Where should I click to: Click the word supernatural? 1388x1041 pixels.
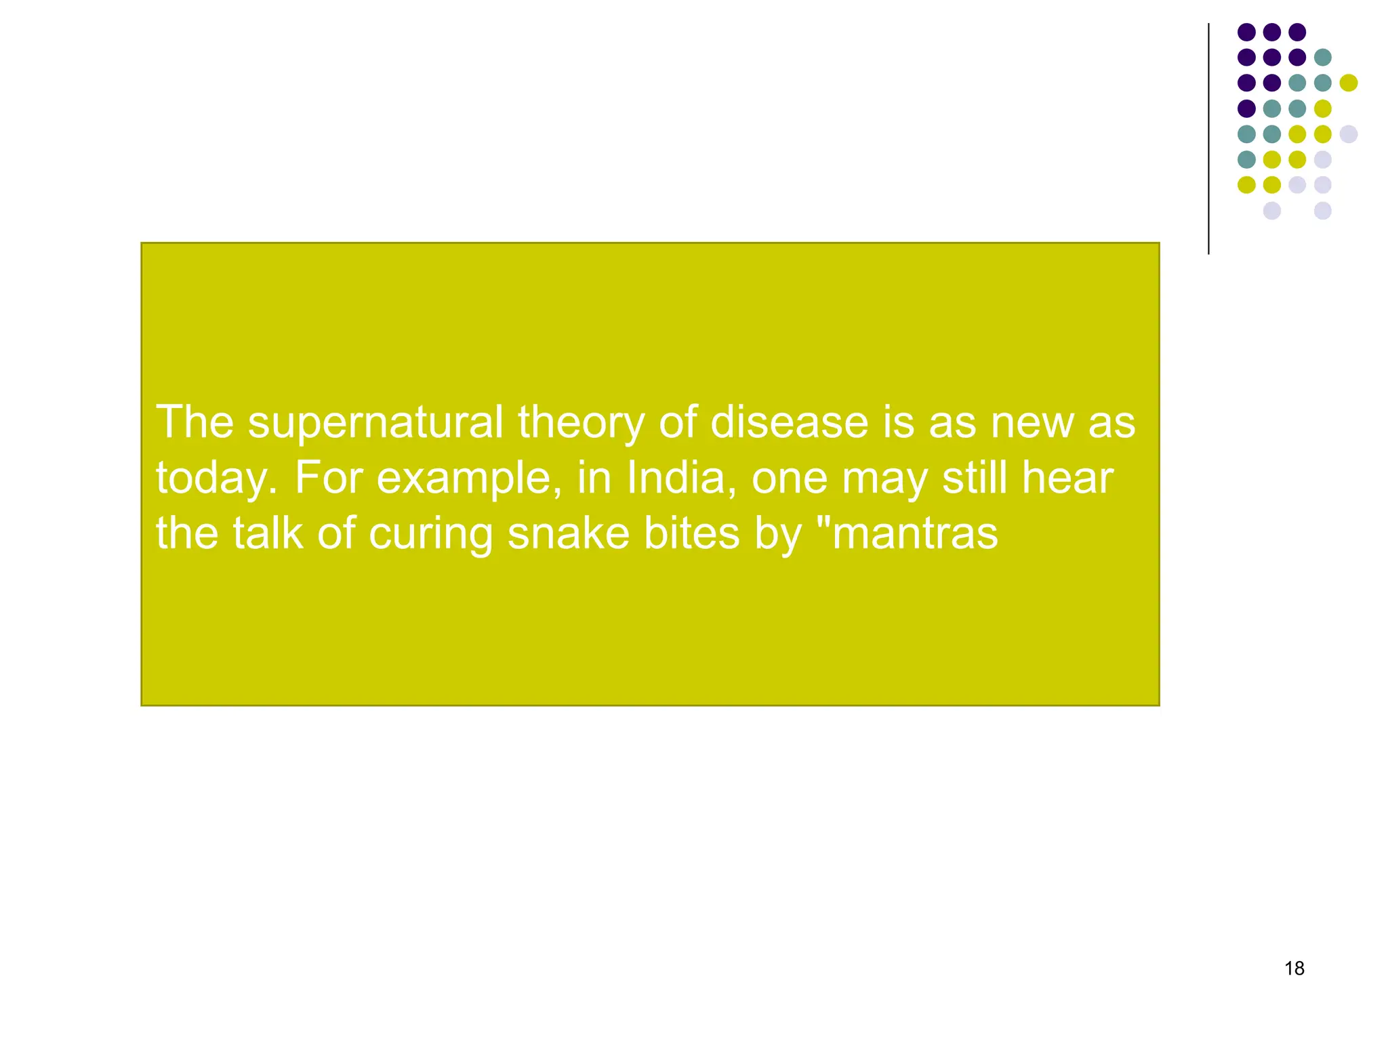tap(375, 423)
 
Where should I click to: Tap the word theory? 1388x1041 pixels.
tap(581, 423)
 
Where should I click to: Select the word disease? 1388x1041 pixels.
tap(789, 423)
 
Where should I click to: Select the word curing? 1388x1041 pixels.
tap(431, 534)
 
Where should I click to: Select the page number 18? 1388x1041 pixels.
tap(1294, 968)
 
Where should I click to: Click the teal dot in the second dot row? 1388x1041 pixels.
tap(1322, 57)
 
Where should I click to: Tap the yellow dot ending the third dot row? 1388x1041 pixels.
tap(1348, 83)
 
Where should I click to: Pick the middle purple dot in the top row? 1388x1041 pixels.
tap(1271, 32)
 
